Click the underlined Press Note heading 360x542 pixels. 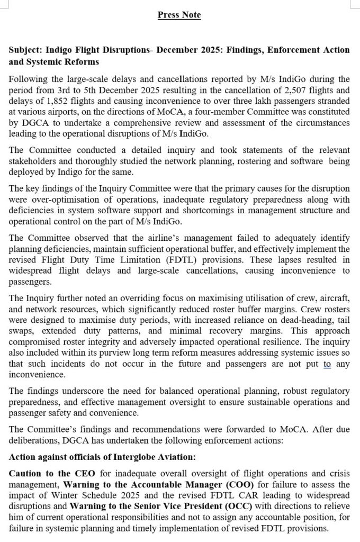179,15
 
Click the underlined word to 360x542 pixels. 327,364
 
